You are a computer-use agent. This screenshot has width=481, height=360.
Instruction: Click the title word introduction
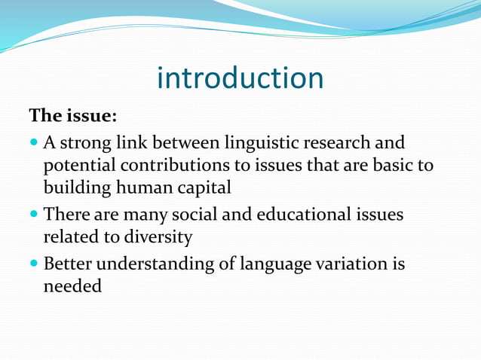pyautogui.click(x=240, y=78)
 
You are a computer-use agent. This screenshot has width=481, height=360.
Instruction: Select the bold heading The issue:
pyautogui.click(x=72, y=117)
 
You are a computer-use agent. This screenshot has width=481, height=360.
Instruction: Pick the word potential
pyautogui.click(x=76, y=165)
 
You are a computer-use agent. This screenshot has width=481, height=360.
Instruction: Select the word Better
pyautogui.click(x=70, y=264)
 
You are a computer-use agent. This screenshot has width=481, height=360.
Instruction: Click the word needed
pyautogui.click(x=72, y=287)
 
